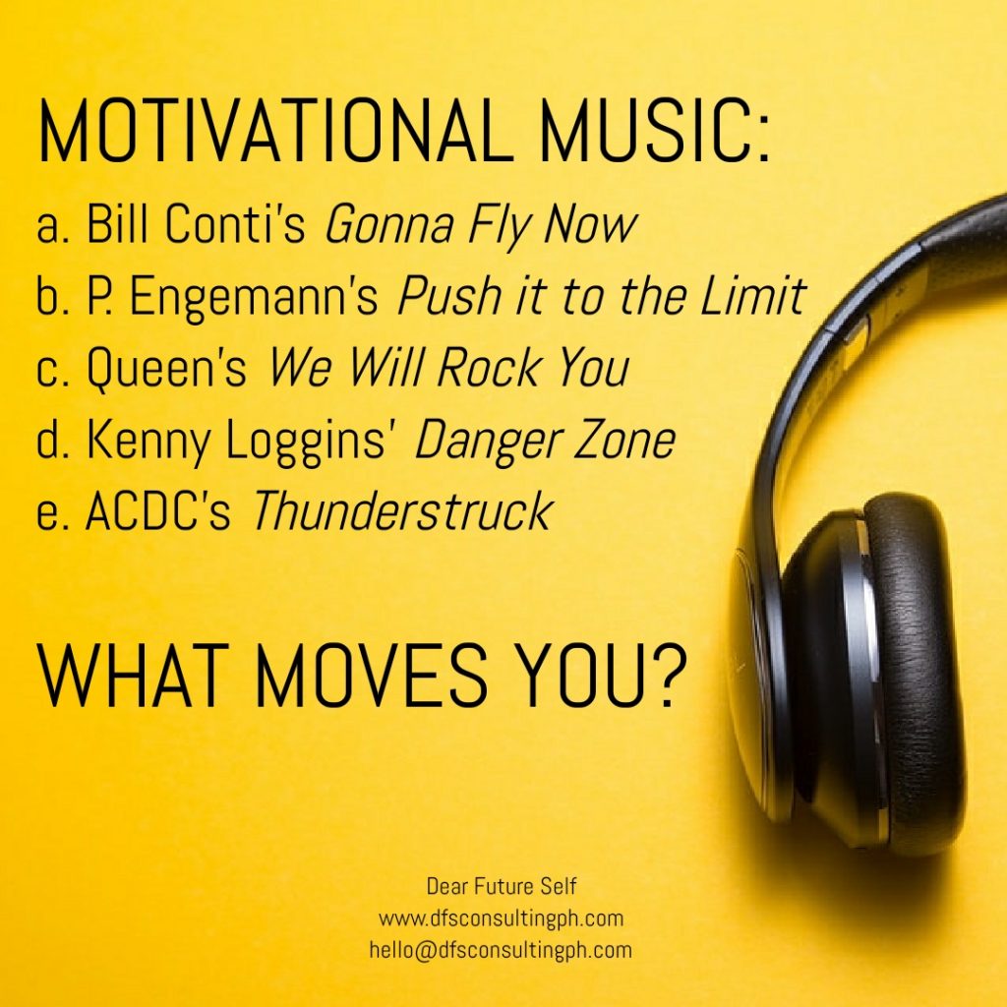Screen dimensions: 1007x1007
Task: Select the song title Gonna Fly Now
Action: coord(481,226)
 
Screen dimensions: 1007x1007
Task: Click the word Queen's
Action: coord(166,368)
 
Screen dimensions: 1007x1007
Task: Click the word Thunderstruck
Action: coord(402,510)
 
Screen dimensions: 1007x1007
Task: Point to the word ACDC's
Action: coord(158,510)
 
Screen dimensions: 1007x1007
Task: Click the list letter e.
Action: coord(49,515)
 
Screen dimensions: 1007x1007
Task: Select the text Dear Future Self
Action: coord(502,887)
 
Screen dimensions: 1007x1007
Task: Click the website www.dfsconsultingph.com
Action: coord(501,918)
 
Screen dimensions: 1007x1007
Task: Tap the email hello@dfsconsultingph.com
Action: coord(501,950)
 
